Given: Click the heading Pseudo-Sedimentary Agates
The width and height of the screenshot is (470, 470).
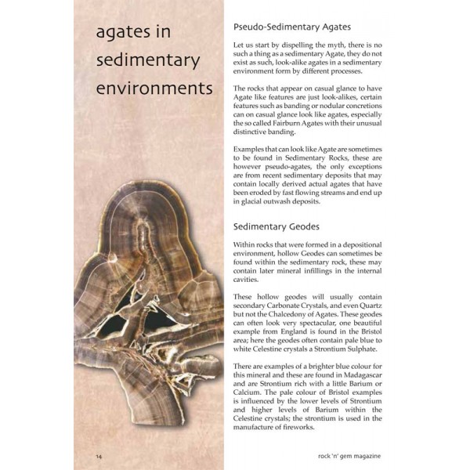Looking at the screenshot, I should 291,27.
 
